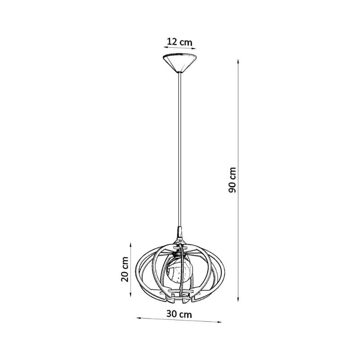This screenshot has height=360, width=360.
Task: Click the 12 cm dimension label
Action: [179, 42]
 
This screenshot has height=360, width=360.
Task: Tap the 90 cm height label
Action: [232, 180]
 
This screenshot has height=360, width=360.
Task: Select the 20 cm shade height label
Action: [125, 269]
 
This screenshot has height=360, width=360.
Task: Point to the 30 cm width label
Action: [179, 314]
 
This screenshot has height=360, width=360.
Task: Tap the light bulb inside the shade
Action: [179, 272]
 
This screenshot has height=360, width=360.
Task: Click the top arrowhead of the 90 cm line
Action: [238, 62]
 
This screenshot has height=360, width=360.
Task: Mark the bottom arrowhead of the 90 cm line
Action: [238, 299]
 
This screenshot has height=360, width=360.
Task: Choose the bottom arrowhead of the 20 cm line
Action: [130, 294]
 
